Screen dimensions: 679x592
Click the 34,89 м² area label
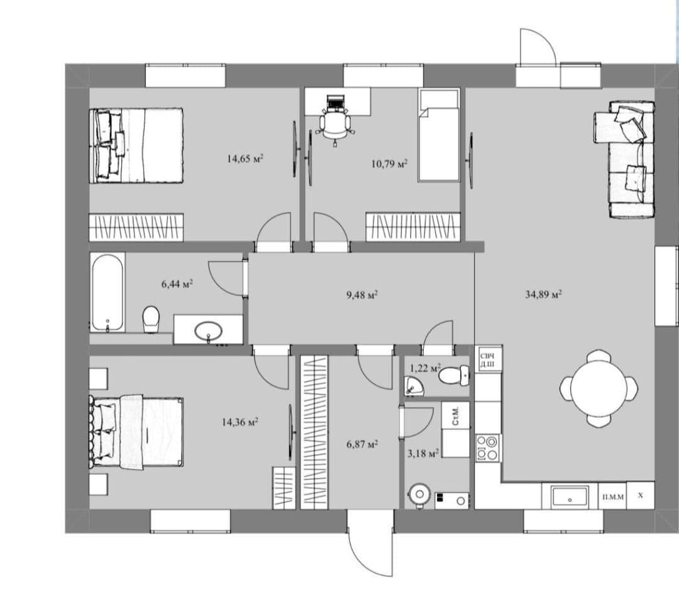543,295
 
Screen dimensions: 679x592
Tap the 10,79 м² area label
389,164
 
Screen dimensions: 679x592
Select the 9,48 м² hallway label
362,295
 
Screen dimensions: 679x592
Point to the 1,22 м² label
425,368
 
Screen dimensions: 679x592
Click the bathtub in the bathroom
108,293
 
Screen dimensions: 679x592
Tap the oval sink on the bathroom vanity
208,332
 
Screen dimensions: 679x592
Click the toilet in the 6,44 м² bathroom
151,319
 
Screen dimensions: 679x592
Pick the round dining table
599,388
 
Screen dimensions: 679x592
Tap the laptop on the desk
334,102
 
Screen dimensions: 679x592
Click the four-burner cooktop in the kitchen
488,448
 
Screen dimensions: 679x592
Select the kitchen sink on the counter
570,496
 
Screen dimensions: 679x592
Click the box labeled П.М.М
613,496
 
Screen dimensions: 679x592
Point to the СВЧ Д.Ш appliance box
489,359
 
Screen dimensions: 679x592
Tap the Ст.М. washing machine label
456,416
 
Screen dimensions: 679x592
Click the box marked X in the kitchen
641,495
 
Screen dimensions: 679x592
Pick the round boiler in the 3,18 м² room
419,494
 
